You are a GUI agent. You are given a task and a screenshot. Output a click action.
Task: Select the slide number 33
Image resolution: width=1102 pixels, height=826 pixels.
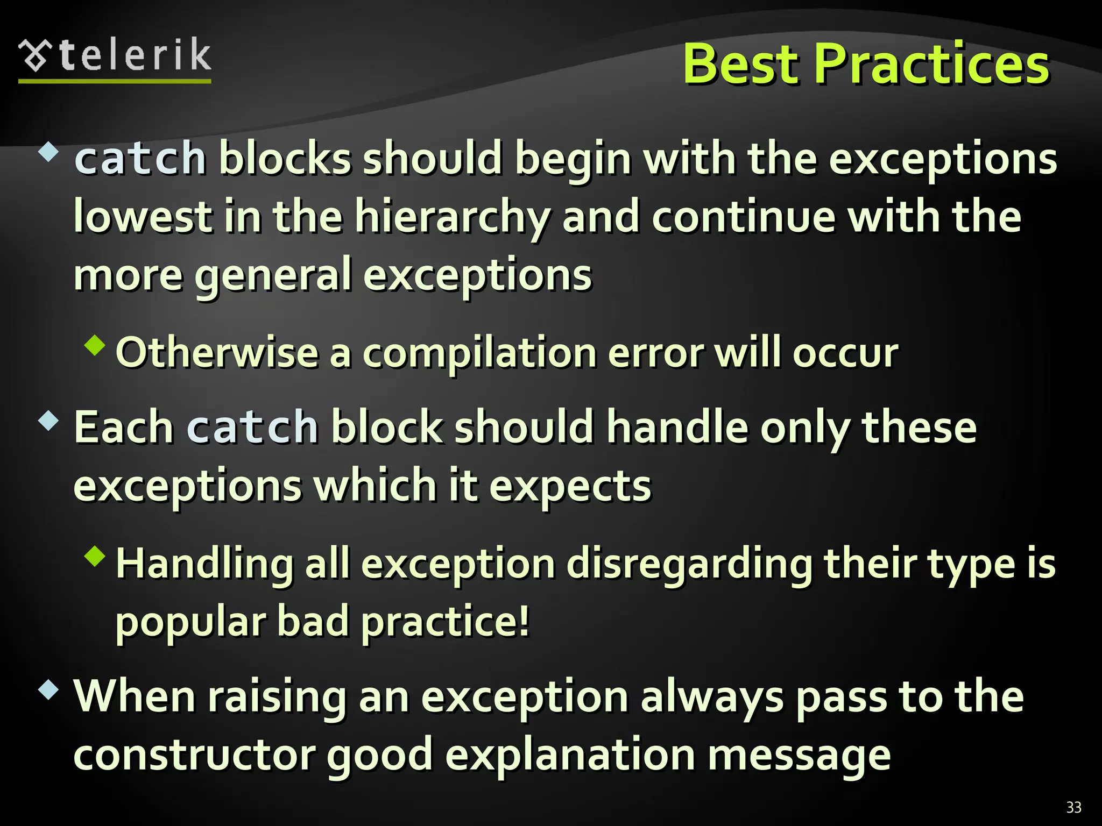coord(1073,807)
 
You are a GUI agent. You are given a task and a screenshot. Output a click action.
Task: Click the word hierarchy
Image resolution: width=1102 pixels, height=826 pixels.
coord(452,218)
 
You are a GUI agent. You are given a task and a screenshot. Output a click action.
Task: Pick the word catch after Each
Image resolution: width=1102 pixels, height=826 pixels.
coord(252,428)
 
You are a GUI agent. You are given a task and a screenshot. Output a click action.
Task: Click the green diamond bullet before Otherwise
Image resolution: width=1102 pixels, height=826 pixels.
coord(95,345)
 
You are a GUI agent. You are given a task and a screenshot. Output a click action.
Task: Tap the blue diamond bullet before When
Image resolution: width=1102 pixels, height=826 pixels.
coord(48,689)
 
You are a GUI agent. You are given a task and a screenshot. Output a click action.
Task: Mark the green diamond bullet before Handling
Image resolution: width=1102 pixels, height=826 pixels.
coord(95,556)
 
